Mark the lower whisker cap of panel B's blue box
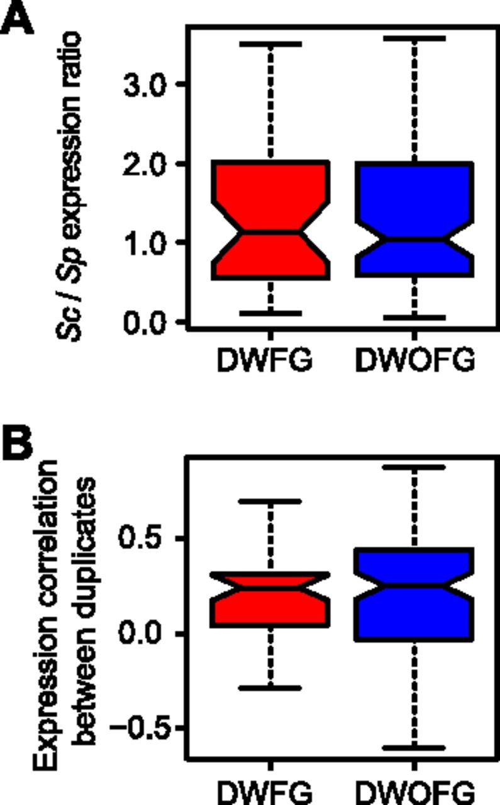tap(414, 748)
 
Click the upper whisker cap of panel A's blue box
tap(414, 38)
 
